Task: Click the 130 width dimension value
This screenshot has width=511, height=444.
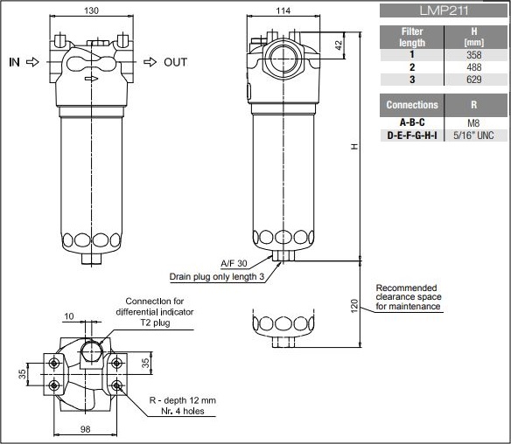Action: coord(91,10)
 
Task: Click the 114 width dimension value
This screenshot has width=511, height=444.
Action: coord(283,10)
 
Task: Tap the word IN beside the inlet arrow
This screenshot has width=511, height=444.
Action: coord(14,62)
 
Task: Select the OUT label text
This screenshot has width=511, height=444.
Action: coord(175,62)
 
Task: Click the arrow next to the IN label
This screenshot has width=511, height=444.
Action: coord(32,62)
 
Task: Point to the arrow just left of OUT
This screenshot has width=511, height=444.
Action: coord(150,62)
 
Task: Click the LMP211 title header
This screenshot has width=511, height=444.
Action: coord(444,10)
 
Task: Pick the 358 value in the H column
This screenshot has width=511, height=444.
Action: coord(474,55)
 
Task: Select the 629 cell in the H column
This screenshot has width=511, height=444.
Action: coord(474,80)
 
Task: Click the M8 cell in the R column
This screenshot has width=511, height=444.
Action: coord(473,123)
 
